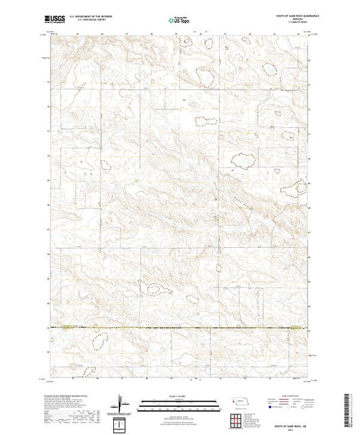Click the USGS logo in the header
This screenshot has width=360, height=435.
point(53,21)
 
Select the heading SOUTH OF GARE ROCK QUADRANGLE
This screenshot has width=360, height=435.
point(283,17)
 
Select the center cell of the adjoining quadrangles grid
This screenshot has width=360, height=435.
point(237,420)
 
